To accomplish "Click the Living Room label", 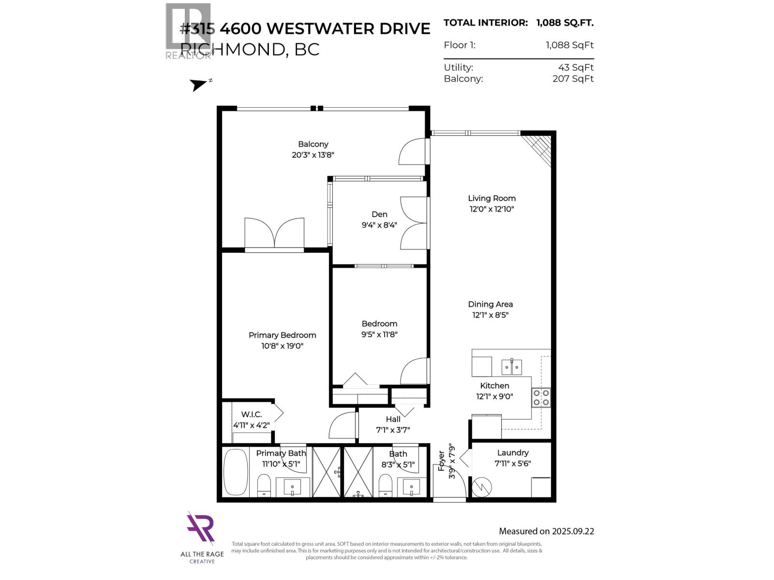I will click(491, 198).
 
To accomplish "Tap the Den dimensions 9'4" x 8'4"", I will click(379, 225).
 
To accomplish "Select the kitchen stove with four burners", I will click(541, 397).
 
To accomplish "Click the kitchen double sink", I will click(511, 367).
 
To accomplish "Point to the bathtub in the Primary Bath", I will click(235, 472).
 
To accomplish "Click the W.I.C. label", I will click(252, 415).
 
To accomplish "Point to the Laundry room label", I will click(513, 453).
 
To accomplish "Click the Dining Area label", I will click(490, 304).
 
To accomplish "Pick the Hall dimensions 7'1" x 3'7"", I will click(393, 430).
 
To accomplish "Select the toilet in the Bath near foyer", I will click(386, 484).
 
